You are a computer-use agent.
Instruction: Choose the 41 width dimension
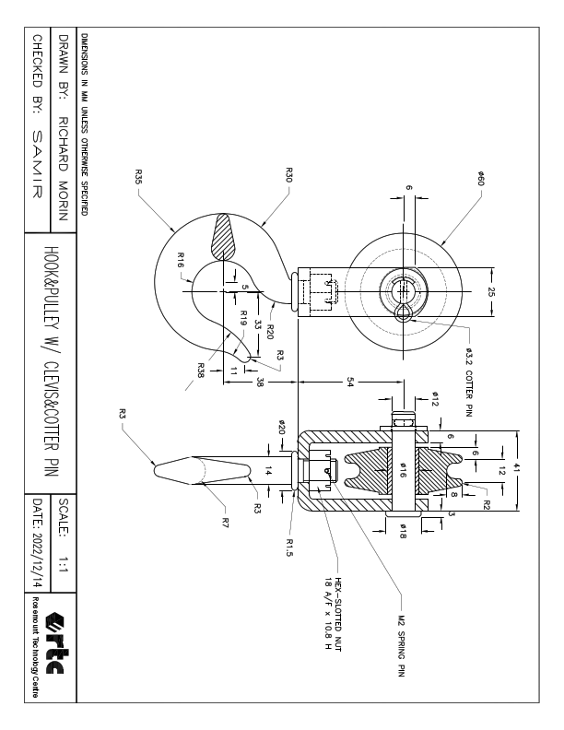click(x=517, y=469)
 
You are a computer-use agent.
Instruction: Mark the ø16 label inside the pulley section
click(x=402, y=469)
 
